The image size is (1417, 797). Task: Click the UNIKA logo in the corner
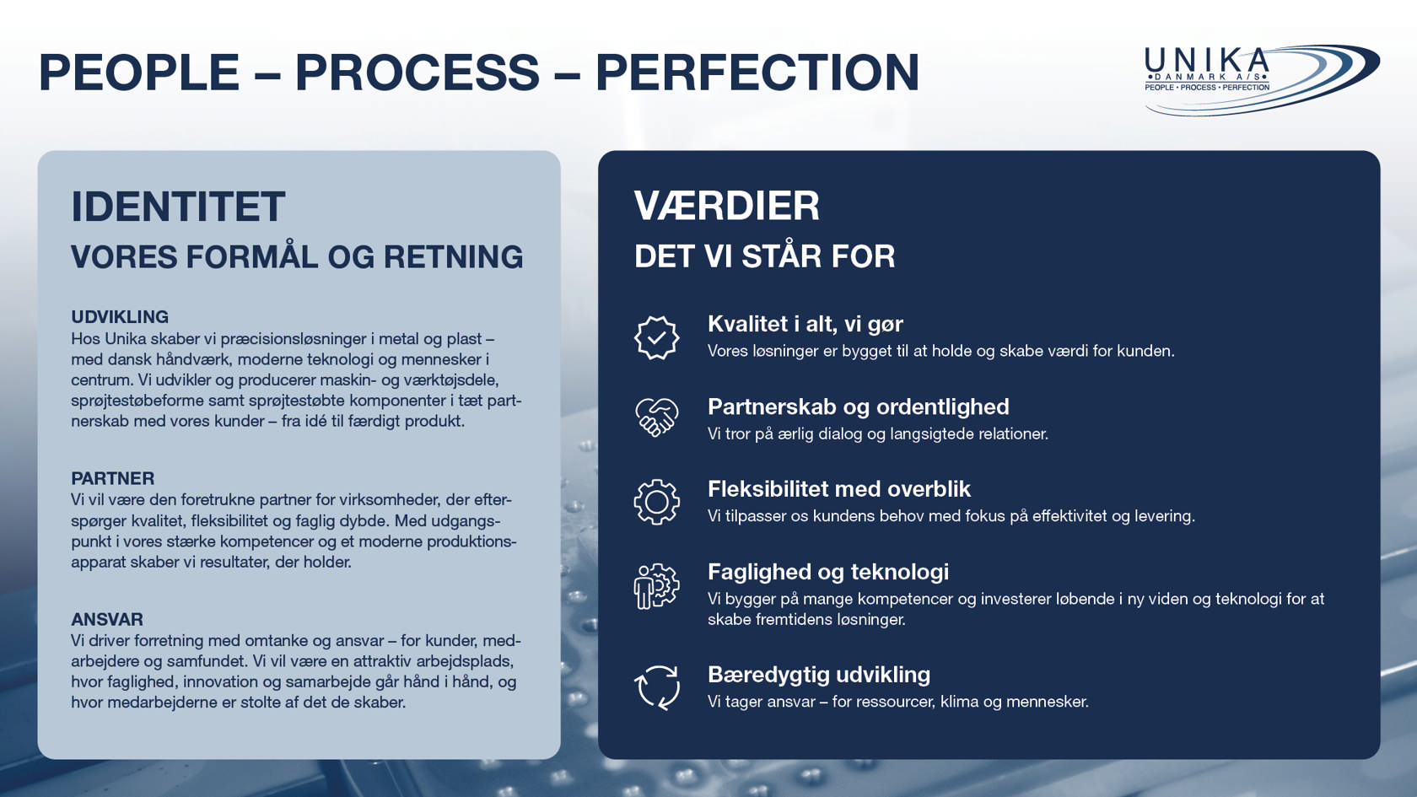tap(1262, 80)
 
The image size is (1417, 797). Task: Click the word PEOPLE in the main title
tap(139, 73)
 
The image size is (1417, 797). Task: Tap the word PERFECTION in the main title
tap(757, 73)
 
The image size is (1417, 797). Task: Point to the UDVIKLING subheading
tap(120, 317)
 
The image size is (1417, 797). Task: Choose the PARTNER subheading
tap(113, 478)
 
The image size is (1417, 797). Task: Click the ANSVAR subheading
tap(107, 619)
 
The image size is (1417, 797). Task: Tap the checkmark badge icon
tap(656, 337)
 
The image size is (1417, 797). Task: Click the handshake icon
tap(656, 417)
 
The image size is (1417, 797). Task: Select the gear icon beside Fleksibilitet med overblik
tap(656, 502)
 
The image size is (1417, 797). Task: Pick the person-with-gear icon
tap(656, 585)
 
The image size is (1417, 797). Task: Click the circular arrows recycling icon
tap(656, 687)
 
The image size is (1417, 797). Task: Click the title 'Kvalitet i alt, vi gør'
tap(805, 324)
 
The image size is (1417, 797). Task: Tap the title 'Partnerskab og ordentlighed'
tap(859, 407)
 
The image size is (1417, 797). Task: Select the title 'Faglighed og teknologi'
tap(828, 572)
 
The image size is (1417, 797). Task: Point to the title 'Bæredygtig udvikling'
tap(819, 675)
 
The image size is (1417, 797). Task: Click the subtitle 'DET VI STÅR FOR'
tap(765, 256)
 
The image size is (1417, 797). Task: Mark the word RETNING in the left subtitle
tap(454, 256)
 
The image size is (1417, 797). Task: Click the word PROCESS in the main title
tap(418, 73)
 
